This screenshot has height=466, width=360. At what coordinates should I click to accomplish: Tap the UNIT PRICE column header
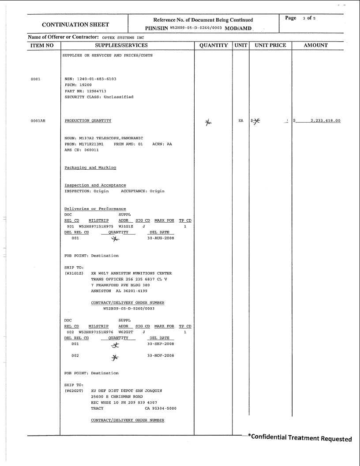coord(270,45)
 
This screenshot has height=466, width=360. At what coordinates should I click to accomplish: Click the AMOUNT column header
coord(316,45)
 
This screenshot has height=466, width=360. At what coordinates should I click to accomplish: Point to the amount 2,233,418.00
coord(325,121)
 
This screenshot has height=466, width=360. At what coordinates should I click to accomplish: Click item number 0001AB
coord(38,121)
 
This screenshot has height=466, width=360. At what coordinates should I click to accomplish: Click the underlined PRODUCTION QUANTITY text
coord(88,120)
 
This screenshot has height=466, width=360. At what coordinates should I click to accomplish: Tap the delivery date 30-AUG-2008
coord(161,238)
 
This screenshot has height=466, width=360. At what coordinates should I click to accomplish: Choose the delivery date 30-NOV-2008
coord(161,355)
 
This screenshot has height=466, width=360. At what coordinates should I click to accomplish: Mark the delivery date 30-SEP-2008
coord(161,343)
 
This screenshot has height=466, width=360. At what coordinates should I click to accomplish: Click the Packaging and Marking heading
coord(90,168)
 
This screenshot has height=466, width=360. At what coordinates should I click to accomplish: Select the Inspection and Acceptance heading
coord(95,185)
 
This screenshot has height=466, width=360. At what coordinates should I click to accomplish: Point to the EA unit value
coord(240,120)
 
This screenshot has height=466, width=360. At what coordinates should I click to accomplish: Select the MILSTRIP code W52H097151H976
coord(96,332)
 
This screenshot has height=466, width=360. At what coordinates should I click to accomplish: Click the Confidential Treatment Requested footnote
coord(300,438)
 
